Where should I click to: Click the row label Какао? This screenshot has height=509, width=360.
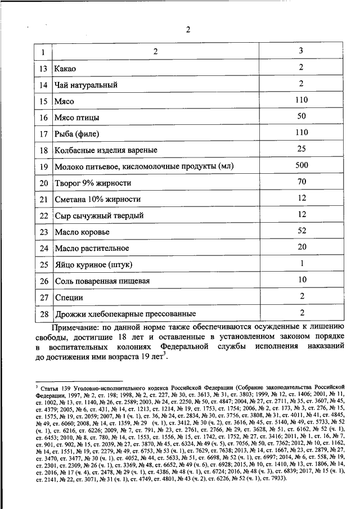pos(65,69)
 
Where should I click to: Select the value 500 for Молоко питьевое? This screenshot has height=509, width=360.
pos(301,165)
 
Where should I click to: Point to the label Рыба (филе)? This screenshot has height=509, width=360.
pos(75,134)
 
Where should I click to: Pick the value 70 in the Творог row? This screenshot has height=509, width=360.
pos(301,182)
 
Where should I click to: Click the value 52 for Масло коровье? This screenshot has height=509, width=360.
pos(301,231)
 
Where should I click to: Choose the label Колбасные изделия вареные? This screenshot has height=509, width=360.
pos(105,151)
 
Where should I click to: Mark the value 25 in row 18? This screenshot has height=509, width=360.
pos(301,149)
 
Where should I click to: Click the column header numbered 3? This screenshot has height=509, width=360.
pos(301,51)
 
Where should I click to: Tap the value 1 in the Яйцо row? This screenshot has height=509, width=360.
pos(301,263)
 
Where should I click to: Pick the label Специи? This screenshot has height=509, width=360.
pos(69,297)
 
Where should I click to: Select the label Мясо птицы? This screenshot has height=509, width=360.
pos(78,118)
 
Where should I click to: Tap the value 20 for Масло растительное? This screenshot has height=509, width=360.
pos(301,247)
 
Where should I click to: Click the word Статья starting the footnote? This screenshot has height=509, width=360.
pos(52,388)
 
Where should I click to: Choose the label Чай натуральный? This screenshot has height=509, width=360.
pos(86,85)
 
